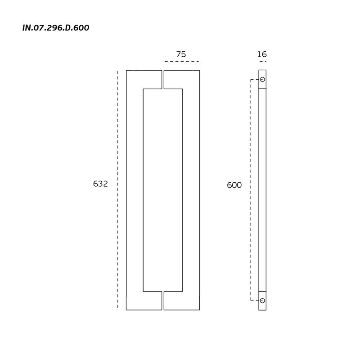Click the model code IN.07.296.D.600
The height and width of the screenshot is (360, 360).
(x=56, y=28)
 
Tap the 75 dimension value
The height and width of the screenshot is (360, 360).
(x=181, y=54)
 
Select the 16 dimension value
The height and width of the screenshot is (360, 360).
(x=262, y=54)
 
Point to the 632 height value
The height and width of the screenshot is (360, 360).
(x=100, y=184)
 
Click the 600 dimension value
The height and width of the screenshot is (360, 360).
(x=234, y=185)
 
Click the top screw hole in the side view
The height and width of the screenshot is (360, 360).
(x=262, y=80)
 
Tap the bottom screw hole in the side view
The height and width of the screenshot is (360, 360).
(x=262, y=301)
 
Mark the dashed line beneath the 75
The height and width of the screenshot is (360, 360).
(x=182, y=62)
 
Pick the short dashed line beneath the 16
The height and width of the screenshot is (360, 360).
(x=263, y=62)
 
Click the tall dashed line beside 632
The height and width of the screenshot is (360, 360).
(x=117, y=189)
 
